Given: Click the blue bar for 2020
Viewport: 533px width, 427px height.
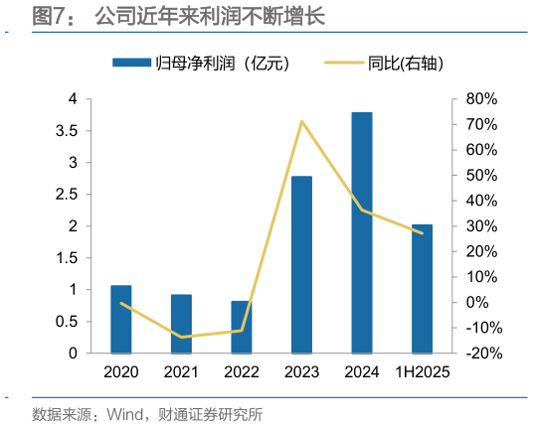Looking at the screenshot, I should pos(121,319).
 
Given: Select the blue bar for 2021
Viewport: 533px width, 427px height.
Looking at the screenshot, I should pos(181,324).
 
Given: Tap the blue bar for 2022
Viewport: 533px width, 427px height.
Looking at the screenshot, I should pos(242,327).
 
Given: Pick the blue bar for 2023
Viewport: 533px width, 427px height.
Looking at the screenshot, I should pos(301,264).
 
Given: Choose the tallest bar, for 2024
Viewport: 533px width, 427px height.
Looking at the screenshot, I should pos(362,232).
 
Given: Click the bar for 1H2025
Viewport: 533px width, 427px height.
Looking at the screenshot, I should pos(422,288).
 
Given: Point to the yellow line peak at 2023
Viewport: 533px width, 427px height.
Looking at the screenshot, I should pos(301,121).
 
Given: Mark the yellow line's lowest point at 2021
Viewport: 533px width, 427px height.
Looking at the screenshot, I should pos(181,337).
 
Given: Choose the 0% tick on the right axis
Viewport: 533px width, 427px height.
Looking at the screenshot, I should pos(478,303).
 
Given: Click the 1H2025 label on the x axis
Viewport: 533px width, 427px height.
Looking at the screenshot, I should pos(422,372).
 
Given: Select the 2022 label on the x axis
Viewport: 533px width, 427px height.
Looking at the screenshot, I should pos(242,372).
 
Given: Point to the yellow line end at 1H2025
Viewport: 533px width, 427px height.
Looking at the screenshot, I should pos(422,233).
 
